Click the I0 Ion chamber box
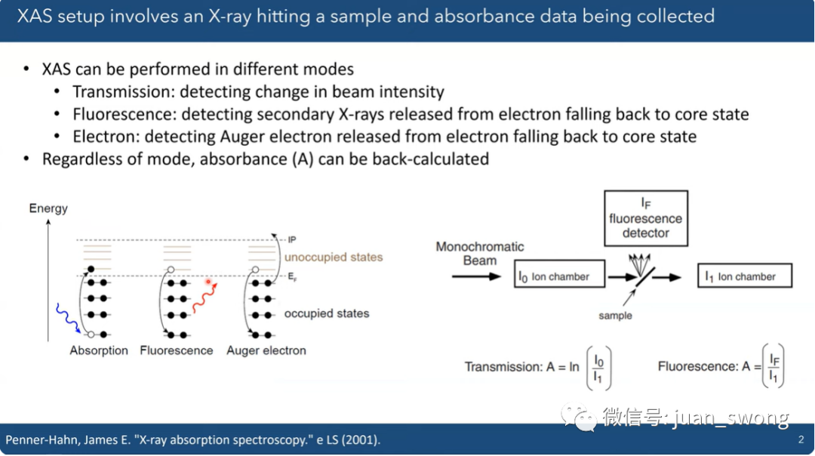pos(559,274)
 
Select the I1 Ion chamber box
pos(745,276)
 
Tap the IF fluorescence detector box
pos(646,218)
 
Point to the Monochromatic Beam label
pos(480,253)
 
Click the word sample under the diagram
pos(616,316)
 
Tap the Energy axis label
pos(48,208)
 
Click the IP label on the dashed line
pos(292,239)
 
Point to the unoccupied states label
pos(334,257)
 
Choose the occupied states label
pos(327,313)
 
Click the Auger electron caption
pos(266,350)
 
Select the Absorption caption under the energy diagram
pos(99,350)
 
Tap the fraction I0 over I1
pos(598,368)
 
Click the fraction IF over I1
pos(773,367)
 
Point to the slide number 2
pos(801,440)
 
